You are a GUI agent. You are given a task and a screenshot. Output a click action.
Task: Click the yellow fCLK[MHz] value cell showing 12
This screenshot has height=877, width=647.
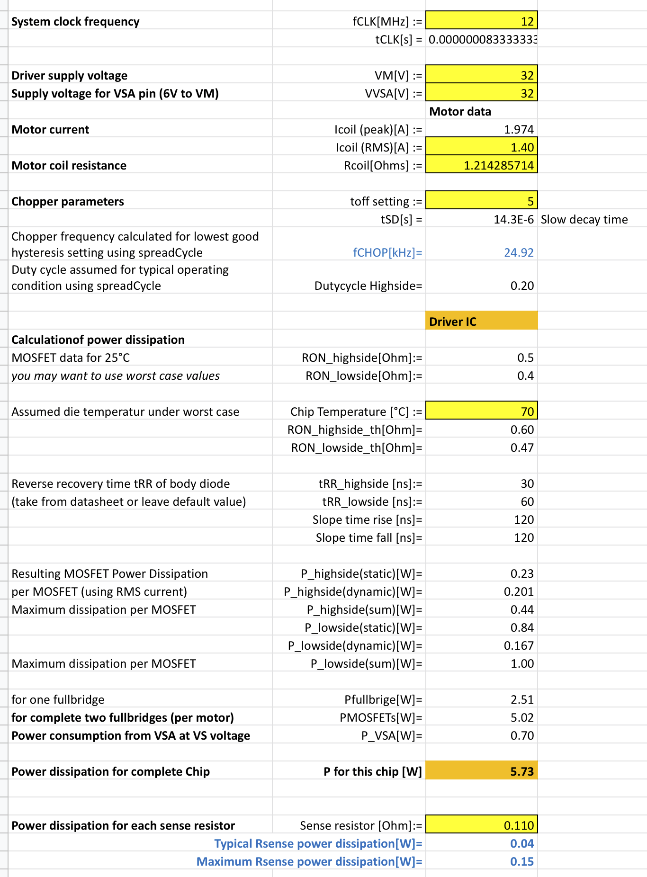[481, 21]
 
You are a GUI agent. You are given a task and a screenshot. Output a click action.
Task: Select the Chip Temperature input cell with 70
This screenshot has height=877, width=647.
[481, 411]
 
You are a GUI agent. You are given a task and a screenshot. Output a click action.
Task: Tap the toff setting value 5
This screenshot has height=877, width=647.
[481, 201]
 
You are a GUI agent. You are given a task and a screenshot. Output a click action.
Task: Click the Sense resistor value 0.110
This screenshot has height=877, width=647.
[481, 825]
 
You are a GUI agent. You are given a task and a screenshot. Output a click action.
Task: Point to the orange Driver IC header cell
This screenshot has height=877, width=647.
[481, 321]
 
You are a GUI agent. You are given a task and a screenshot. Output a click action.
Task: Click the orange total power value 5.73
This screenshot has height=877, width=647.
[481, 771]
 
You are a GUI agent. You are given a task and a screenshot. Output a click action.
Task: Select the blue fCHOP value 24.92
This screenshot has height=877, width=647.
[519, 252]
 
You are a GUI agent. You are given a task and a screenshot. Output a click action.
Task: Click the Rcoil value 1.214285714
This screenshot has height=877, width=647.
[481, 165]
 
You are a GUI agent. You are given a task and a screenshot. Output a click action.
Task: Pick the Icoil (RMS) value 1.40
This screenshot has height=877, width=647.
[481, 147]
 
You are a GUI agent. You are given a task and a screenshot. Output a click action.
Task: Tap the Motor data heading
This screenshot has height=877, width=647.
[460, 111]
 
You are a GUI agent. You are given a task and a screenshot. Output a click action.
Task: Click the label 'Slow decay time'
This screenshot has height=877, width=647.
[584, 219]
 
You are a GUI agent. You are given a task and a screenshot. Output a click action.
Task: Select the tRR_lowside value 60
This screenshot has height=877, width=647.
[527, 501]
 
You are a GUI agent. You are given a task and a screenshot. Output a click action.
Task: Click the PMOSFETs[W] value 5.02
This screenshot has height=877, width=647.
[522, 717]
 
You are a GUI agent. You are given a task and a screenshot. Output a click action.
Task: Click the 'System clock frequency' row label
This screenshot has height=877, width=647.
[75, 21]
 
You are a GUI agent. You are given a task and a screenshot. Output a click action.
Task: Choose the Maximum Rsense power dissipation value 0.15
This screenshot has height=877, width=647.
[522, 861]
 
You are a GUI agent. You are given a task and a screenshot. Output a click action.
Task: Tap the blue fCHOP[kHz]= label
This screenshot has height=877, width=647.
[387, 252]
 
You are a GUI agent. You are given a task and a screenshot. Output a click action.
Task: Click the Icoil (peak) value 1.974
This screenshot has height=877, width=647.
[519, 129]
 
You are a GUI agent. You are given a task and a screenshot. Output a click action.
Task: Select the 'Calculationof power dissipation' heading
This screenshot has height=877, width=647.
[98, 340]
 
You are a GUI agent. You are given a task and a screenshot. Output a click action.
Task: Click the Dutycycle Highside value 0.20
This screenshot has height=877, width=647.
[522, 286]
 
